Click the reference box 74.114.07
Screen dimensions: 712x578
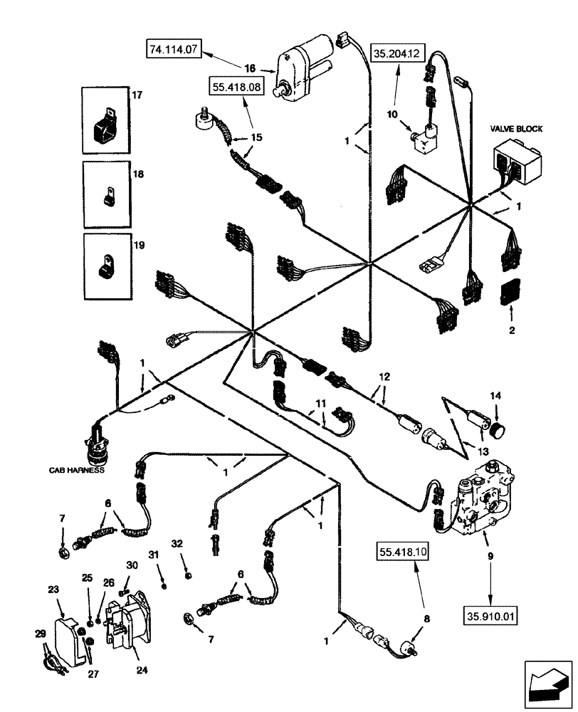click(175, 50)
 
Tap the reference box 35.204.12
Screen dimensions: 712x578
click(397, 51)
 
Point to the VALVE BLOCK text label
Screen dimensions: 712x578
click(516, 129)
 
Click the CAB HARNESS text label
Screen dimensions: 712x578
click(76, 470)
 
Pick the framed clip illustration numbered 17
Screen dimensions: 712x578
click(104, 120)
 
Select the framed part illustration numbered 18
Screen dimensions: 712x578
click(104, 193)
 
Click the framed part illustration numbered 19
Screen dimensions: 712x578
click(104, 266)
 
